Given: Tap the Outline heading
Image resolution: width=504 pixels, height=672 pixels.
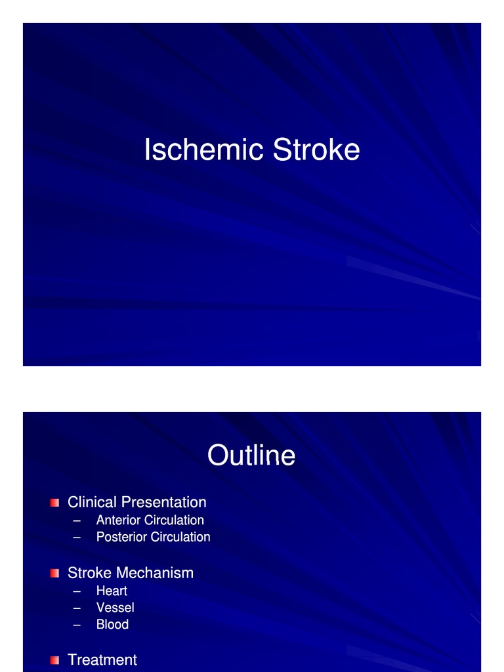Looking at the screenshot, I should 251,455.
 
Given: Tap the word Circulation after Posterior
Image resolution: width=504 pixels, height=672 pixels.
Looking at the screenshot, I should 180,537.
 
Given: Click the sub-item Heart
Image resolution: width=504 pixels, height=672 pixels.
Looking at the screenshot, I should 112,591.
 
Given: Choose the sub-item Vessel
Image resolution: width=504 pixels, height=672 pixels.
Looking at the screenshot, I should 115,608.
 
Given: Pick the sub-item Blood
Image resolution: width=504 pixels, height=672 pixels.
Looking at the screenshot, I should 112,625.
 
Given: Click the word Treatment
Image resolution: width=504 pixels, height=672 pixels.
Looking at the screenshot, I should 102,660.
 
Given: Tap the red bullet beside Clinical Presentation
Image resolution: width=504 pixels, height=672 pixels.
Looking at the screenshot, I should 54,503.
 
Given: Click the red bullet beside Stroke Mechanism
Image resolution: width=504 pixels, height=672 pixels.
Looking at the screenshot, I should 54,574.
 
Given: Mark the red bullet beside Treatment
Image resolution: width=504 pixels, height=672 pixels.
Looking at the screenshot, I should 54,660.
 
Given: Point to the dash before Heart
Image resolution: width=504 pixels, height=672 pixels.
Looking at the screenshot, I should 77,591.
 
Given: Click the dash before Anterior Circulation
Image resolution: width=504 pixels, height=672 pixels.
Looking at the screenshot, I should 77,520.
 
